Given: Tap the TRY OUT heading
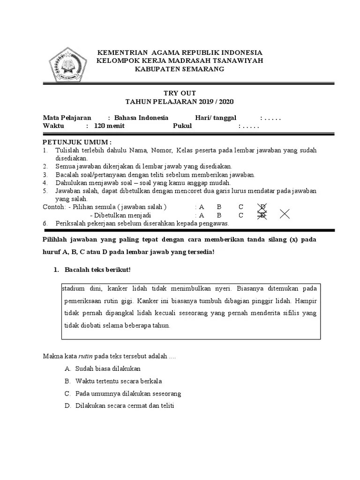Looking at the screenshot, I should click(x=180, y=93).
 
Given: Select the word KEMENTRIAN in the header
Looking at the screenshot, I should click(x=116, y=52).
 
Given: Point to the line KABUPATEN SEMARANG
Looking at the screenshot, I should click(x=180, y=69).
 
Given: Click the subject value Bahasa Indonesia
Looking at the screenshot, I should click(x=141, y=118).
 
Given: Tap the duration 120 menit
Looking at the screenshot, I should click(x=106, y=126).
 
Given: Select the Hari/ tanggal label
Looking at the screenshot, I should click(x=216, y=118).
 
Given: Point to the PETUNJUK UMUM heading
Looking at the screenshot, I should click(x=77, y=142).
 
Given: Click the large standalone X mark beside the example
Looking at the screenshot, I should click(x=285, y=214).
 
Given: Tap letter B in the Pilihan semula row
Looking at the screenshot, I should click(x=218, y=207).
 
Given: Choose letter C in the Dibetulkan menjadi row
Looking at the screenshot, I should click(x=240, y=215).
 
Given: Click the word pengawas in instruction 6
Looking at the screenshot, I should click(x=216, y=224).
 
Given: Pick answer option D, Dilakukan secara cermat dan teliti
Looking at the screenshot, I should click(x=124, y=406).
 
